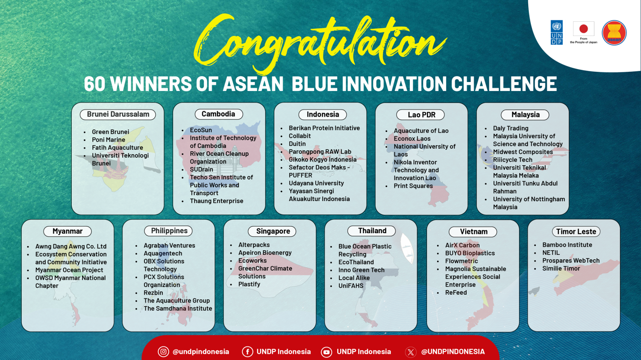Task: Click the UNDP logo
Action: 556,32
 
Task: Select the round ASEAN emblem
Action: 614,33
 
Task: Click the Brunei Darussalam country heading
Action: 118,114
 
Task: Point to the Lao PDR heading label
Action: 421,115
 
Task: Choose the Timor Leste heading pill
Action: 576,231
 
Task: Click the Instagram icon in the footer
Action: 163,351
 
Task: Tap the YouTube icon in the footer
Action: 326,352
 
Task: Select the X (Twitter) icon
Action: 411,352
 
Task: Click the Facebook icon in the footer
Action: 247,351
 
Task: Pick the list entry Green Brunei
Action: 110,132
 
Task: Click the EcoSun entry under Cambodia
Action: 201,130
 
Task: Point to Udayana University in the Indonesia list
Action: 316,183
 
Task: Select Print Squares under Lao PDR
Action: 413,186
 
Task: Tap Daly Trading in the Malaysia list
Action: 511,128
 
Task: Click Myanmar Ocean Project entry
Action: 69,270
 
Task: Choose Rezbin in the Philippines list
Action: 153,293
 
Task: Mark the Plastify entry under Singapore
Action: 249,284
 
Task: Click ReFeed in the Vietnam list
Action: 456,293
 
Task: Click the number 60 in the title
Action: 95,84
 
